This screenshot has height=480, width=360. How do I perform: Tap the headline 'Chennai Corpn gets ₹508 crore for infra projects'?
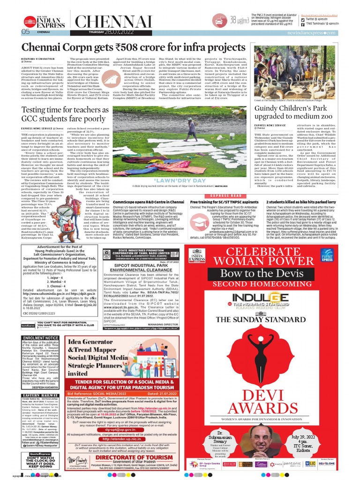pos(134,48)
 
